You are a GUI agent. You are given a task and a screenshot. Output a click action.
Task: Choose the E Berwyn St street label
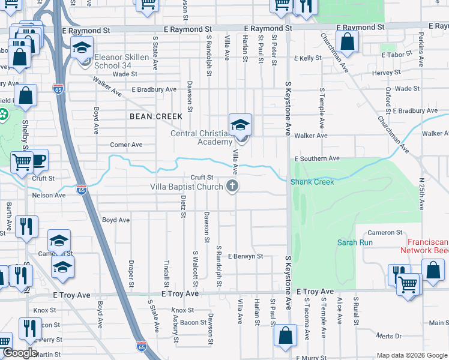pos(246,256)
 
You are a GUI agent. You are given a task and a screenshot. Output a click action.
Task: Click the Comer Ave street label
pos(126,145)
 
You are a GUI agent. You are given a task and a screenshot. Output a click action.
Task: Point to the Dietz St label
pos(183,207)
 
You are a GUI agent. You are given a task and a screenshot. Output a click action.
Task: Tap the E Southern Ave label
pos(318,158)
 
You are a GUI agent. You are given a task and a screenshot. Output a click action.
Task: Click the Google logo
pos(20,353)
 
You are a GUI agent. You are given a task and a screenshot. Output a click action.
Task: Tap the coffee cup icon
pos(38,160)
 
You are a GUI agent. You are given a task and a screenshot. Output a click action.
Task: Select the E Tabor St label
pos(397,55)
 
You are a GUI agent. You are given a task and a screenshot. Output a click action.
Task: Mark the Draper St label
pos(131,273)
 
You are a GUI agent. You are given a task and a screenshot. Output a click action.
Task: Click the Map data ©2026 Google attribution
pos(411,355)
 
